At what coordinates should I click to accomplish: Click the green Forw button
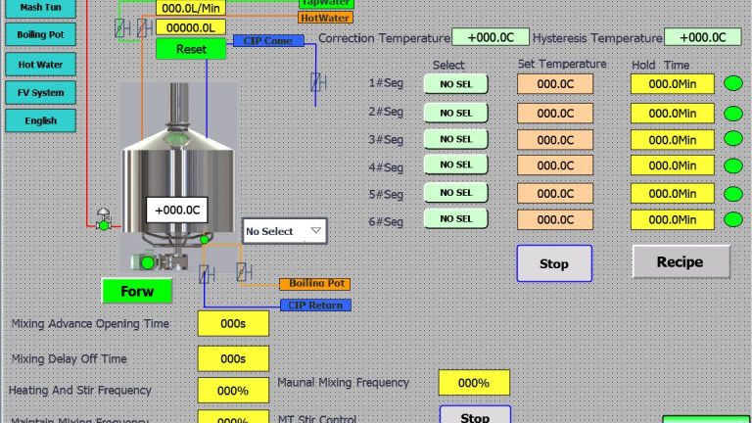pyautogui.click(x=136, y=292)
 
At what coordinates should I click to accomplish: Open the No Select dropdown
pyautogui.click(x=284, y=231)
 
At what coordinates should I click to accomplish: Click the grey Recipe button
pyautogui.click(x=681, y=261)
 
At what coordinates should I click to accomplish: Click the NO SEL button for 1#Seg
pyautogui.click(x=455, y=84)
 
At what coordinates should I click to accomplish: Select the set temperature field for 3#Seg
pyautogui.click(x=555, y=139)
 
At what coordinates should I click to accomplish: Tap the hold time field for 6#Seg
pyautogui.click(x=673, y=219)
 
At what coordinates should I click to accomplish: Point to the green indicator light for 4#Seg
pyautogui.click(x=732, y=165)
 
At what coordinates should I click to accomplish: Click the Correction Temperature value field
pyautogui.click(x=491, y=37)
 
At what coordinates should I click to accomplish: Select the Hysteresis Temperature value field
pyautogui.click(x=702, y=37)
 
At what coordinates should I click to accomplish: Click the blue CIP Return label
pyautogui.click(x=315, y=305)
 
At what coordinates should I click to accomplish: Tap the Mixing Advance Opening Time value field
pyautogui.click(x=233, y=323)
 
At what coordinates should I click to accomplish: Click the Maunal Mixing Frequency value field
pyautogui.click(x=474, y=383)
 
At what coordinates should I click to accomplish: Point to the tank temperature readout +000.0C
pyautogui.click(x=177, y=210)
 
